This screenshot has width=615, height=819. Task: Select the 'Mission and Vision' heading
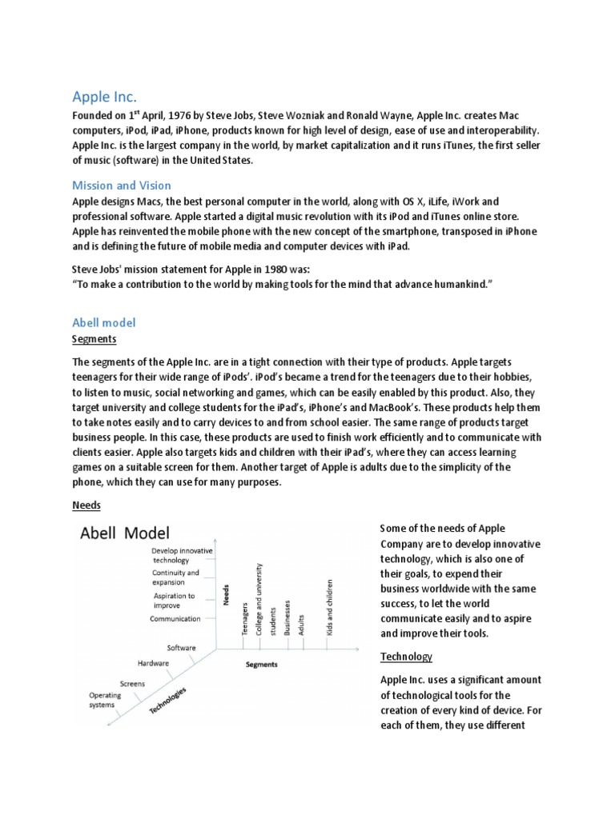coord(121,186)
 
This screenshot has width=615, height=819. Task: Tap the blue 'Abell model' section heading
coord(104,322)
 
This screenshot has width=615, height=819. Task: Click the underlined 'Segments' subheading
coord(94,339)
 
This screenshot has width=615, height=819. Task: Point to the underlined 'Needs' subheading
coord(86,506)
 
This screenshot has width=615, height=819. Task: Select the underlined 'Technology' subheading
coord(406,656)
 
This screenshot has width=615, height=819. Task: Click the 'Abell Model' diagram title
coord(124,533)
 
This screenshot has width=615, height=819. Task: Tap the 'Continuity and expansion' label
coord(175,577)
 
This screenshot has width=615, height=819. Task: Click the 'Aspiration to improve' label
coord(174,601)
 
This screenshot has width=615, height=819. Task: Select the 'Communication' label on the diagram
coord(175,618)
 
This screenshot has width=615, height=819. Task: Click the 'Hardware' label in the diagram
coord(153,662)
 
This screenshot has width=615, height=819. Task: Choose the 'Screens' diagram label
coord(133,683)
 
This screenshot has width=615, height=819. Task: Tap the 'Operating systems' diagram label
coord(105,700)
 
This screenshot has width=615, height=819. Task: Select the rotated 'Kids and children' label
coord(329,608)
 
